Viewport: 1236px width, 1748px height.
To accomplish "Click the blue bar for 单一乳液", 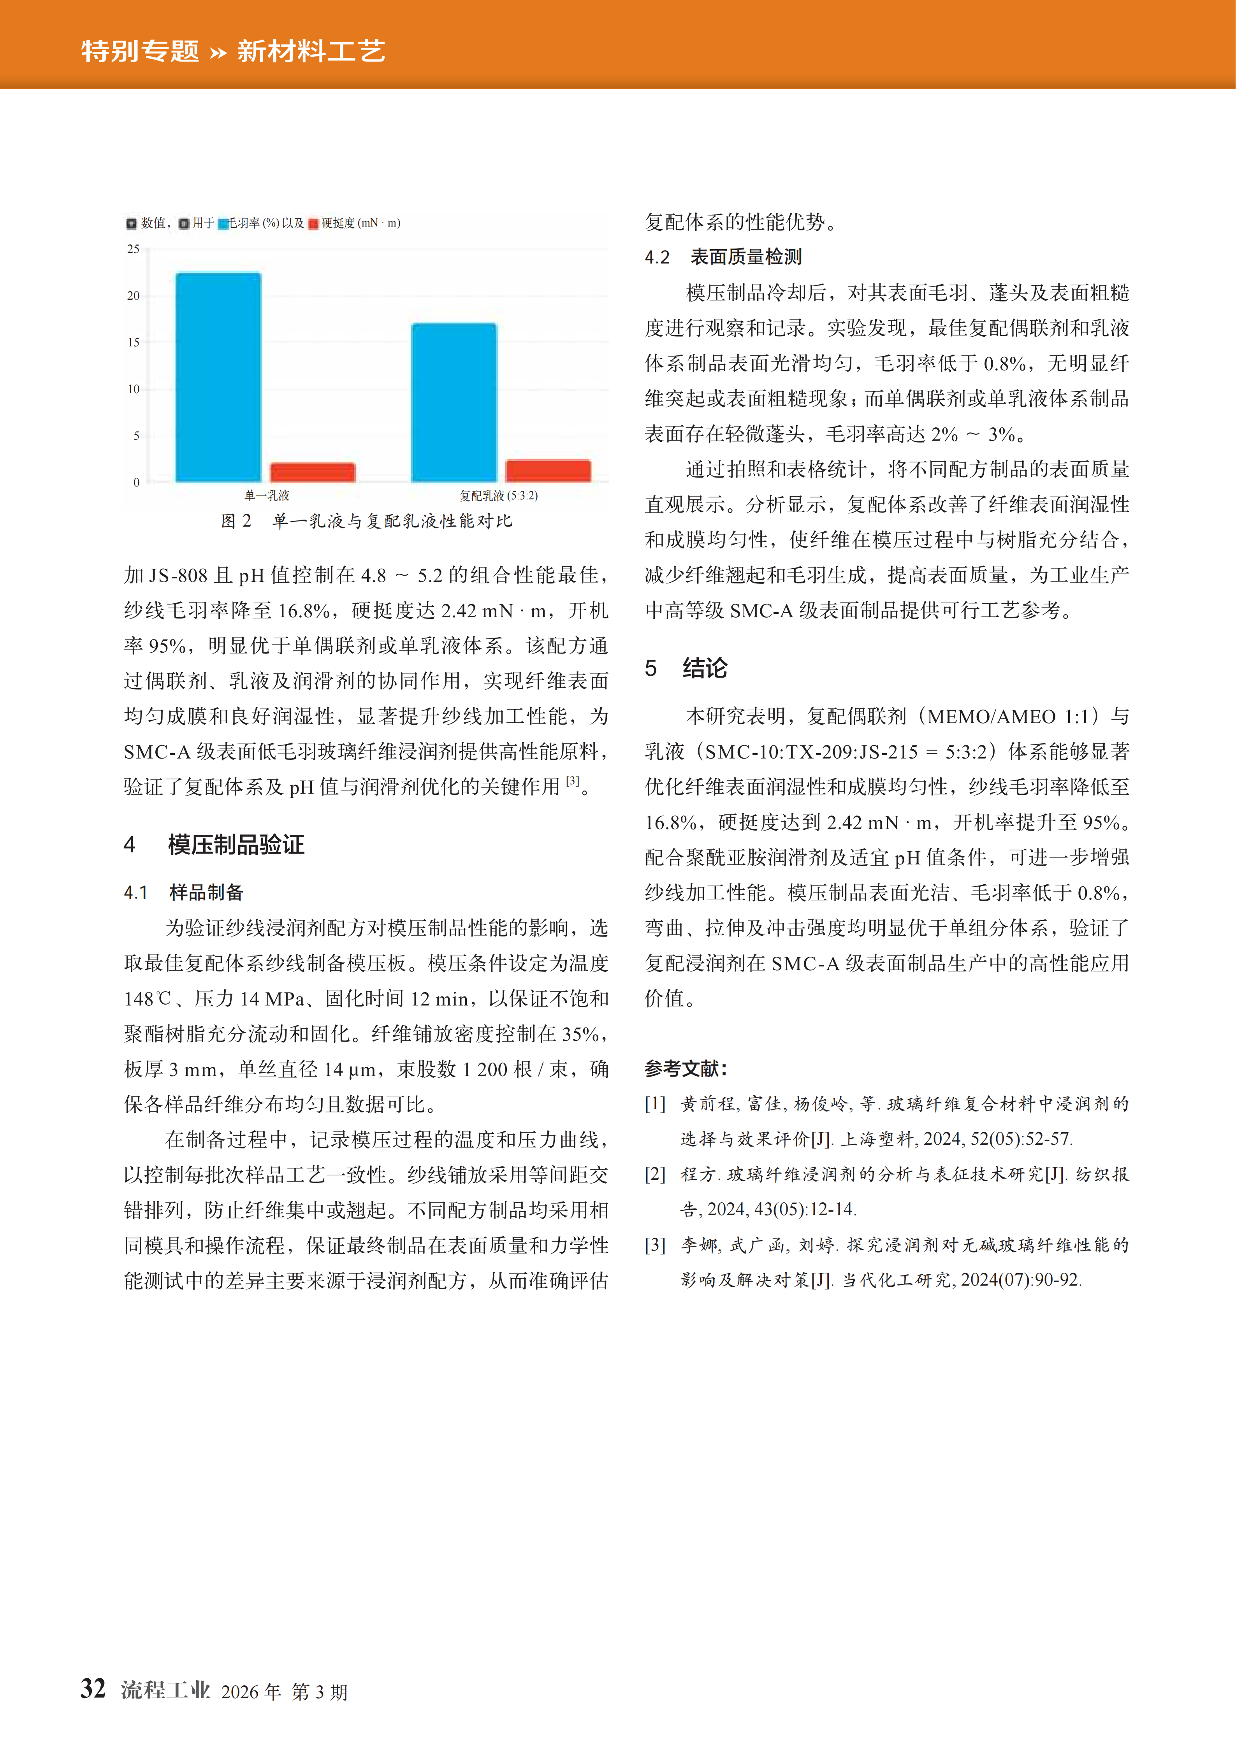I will [x=218, y=377].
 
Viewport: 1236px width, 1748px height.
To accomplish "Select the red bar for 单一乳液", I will [x=312, y=472].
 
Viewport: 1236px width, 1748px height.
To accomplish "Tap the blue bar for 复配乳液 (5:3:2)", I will [x=454, y=402].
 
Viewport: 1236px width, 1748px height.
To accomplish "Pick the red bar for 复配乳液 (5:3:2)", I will [x=549, y=471].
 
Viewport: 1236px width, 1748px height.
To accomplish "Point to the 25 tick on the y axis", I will [x=133, y=249].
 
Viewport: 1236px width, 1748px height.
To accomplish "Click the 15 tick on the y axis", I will [x=133, y=343].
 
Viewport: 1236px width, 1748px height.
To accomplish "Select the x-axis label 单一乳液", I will [x=267, y=495].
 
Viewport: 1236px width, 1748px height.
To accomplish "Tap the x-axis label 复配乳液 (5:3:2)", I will [x=499, y=495].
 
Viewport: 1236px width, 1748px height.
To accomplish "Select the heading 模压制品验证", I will [x=236, y=844].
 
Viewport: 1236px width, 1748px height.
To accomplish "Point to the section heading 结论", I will [x=705, y=668].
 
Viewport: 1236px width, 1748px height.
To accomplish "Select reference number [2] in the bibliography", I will [x=655, y=1174].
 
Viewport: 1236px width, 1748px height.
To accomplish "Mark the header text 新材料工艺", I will [x=311, y=51].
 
